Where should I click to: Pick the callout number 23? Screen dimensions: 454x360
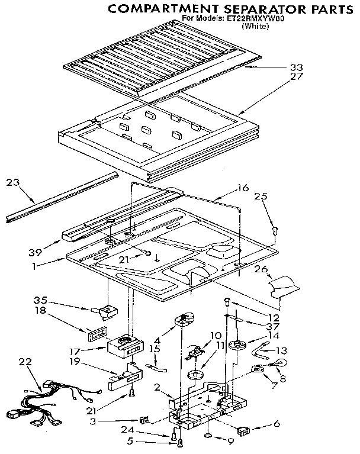12,183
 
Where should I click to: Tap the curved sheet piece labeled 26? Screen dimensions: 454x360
284,286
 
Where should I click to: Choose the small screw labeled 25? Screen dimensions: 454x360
274,230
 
